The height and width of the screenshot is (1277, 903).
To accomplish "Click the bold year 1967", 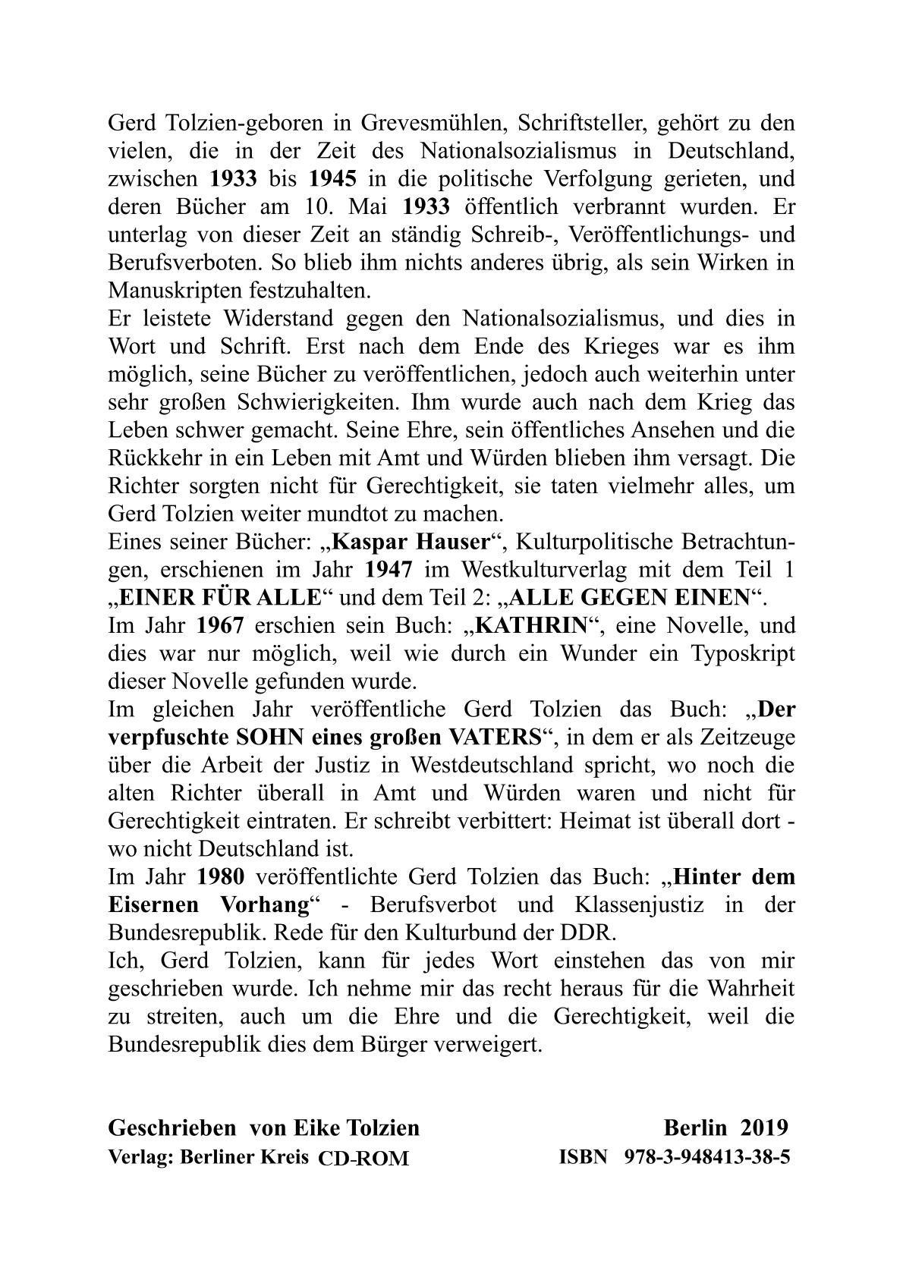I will point(222,626).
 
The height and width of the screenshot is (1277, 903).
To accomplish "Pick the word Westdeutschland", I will point(475,766).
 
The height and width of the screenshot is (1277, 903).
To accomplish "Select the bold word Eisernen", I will point(156,905).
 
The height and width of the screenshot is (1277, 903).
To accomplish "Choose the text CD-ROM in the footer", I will point(363,1158).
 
